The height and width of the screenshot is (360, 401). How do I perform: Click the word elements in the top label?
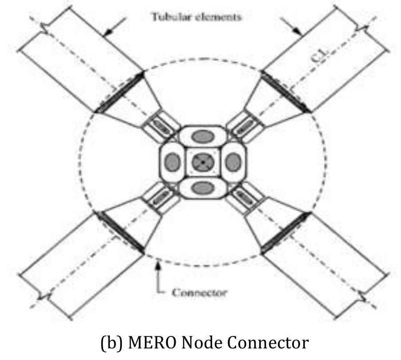218,17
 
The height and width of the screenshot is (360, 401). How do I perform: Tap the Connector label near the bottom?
199,292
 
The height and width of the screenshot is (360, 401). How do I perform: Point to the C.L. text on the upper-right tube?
320,56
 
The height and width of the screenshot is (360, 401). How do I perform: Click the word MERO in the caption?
152,342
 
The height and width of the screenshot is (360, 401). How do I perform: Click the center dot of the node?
203,162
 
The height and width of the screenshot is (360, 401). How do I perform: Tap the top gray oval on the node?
203,137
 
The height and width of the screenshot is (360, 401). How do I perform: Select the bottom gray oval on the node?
203,188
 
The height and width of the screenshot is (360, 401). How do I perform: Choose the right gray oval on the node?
233,162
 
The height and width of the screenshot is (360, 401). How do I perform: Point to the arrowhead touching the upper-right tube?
297,31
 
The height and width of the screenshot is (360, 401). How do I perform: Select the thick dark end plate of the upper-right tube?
286,92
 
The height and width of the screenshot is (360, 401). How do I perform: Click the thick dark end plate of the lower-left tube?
120,233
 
